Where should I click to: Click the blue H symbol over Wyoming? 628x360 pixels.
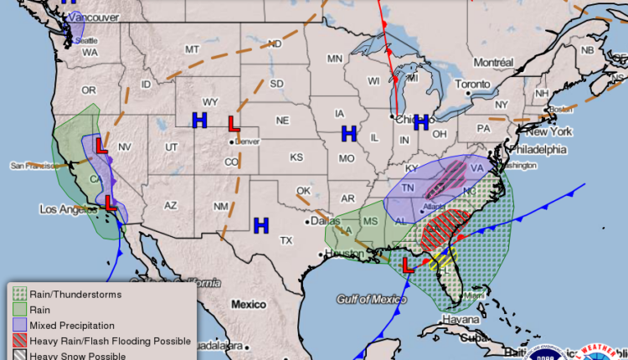pos(199,121)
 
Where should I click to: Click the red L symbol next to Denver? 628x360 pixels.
pos(234,124)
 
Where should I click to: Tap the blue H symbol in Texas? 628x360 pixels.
pos(261,224)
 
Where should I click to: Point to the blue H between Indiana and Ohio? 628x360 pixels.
pos(421,122)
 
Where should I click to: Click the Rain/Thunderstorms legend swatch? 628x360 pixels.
pos(18,294)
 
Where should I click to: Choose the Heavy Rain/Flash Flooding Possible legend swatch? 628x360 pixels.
pos(18,341)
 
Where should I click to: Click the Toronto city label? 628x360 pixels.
pos(475,85)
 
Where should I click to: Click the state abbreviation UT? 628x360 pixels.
pos(171,147)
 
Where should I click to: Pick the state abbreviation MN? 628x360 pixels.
pos(335,59)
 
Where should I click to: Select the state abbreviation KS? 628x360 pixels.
pos(296,157)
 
